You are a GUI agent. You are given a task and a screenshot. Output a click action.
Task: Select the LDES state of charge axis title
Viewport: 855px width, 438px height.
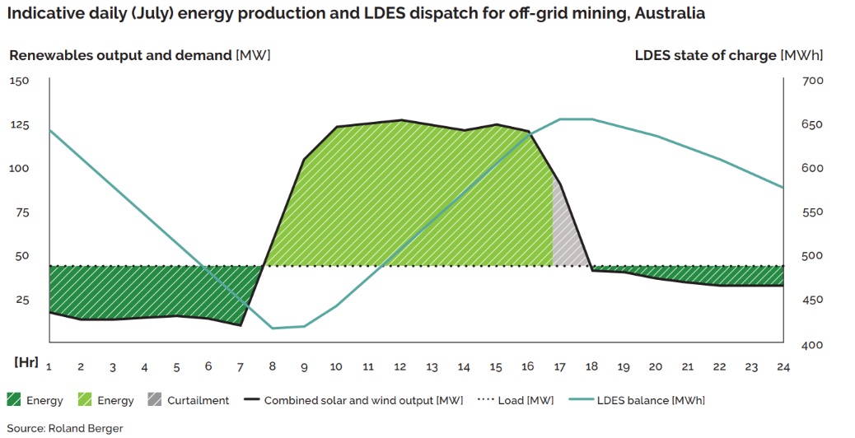[705, 55]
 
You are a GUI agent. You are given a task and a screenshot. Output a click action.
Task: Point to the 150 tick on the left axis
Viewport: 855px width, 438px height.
[20, 81]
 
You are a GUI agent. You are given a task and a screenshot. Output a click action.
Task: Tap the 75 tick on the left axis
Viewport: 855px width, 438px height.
[22, 212]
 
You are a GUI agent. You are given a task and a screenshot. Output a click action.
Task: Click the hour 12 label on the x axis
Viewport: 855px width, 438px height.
[399, 367]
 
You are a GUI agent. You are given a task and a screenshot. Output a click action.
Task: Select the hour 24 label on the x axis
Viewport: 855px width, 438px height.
[783, 367]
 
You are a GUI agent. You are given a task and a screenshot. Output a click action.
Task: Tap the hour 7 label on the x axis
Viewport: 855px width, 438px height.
[241, 367]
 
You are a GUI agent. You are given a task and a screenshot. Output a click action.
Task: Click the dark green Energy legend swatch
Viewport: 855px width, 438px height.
[14, 401]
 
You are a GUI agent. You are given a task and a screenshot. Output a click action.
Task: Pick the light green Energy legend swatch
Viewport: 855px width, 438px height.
[86, 401]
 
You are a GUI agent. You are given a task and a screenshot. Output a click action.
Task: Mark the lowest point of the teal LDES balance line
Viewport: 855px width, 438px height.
[273, 328]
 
